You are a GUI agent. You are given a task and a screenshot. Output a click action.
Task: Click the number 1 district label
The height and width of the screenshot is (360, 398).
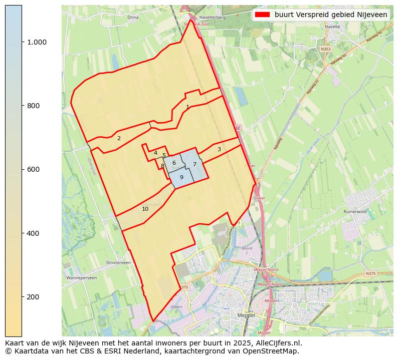pyautogui.click(x=187, y=107)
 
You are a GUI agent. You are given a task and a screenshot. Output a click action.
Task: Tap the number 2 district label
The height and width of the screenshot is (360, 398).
pyautogui.click(x=119, y=138)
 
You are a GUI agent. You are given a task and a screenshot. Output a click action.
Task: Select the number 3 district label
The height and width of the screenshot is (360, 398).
pyautogui.click(x=219, y=149)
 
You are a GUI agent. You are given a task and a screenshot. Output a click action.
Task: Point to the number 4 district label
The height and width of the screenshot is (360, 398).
pyautogui.click(x=155, y=153)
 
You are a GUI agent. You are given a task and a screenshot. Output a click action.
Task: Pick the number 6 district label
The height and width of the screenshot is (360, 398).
pyautogui.click(x=174, y=163)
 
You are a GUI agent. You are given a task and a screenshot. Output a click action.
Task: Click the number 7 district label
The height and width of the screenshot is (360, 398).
pyautogui.click(x=194, y=164)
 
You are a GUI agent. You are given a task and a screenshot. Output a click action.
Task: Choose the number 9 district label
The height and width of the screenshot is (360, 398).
pyautogui.click(x=181, y=177)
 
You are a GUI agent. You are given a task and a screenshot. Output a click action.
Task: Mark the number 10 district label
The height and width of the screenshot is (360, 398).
pyautogui.click(x=145, y=209)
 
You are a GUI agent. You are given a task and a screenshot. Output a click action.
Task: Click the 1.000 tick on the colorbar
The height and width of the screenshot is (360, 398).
pyautogui.click(x=37, y=42)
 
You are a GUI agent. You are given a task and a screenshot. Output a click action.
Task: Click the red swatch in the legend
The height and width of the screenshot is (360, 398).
pyautogui.click(x=262, y=15)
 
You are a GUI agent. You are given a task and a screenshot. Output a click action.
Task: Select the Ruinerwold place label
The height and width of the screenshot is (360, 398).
pyautogui.click(x=355, y=212)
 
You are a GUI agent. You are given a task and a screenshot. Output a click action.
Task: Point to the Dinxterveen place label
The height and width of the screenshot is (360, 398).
pyautogui.click(x=119, y=262)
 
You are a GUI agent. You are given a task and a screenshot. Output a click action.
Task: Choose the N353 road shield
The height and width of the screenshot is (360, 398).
pyautogui.click(x=326, y=49)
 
